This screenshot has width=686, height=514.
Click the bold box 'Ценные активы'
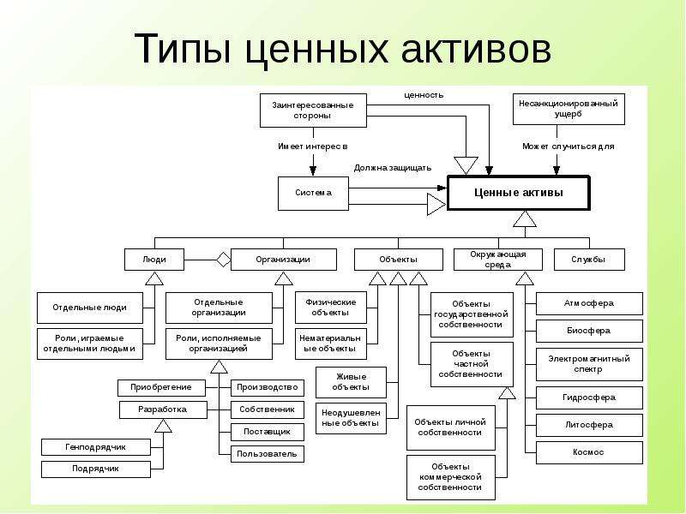click(519, 193)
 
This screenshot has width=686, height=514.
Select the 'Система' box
click(313, 194)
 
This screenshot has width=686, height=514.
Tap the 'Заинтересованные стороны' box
click(313, 111)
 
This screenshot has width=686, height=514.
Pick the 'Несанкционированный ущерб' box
click(569, 110)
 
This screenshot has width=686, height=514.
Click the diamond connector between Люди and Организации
click(224, 260)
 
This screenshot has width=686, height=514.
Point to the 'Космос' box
click(589, 452)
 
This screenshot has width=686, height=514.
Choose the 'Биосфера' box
click(589, 331)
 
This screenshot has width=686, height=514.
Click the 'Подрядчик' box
click(96, 469)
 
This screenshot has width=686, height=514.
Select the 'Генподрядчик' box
click(96, 447)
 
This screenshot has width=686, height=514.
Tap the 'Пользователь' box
click(268, 454)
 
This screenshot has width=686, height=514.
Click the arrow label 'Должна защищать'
click(393, 168)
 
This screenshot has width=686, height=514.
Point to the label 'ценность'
click(424, 95)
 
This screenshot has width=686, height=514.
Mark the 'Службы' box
click(589, 260)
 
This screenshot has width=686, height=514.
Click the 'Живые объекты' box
click(351, 382)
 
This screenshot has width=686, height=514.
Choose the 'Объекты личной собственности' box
click(451, 427)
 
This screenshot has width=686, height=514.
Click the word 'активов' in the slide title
click(476, 48)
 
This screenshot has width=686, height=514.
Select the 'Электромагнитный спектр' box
click(589, 364)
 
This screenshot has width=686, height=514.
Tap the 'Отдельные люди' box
click(90, 308)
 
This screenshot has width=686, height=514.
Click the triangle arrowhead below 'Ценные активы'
click(525, 218)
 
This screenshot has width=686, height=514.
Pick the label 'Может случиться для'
click(569, 146)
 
